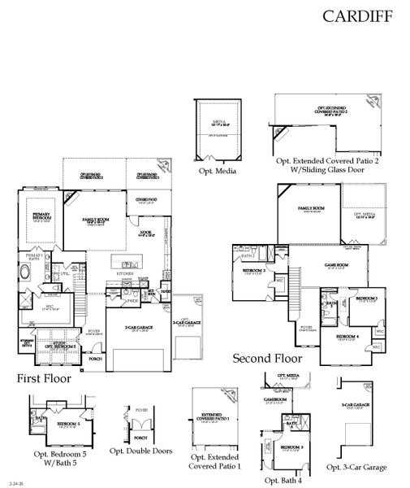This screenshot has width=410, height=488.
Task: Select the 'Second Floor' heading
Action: pos(267,358)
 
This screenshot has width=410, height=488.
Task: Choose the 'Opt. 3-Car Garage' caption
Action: pos(356,467)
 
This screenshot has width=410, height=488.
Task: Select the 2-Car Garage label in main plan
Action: pos(140,328)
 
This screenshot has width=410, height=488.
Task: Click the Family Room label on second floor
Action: pos(310,209)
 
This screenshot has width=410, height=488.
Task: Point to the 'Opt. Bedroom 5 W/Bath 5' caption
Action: pos(58,458)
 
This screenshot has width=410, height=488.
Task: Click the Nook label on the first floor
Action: pos(146,233)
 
